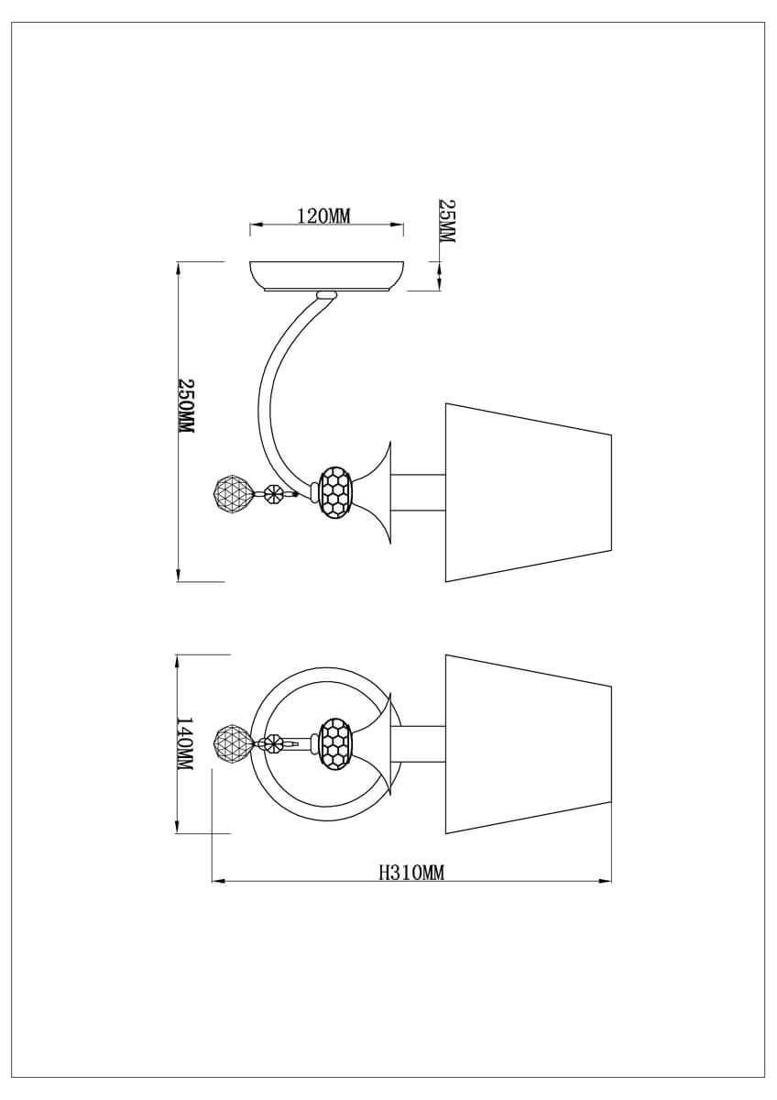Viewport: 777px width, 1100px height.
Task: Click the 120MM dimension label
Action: click(x=324, y=215)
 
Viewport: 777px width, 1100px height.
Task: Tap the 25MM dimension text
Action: click(x=446, y=220)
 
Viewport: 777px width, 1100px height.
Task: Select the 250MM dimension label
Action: click(x=185, y=405)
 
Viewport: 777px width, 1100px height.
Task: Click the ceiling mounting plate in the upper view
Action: click(x=327, y=277)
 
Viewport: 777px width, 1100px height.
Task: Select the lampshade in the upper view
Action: click(x=528, y=492)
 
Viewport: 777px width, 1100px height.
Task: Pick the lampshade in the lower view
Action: click(x=528, y=744)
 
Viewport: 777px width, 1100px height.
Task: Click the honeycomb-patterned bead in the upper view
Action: click(x=336, y=491)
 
